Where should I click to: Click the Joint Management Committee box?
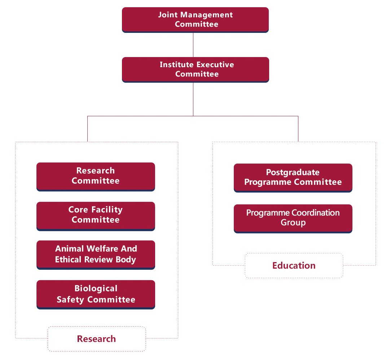coord(195,20)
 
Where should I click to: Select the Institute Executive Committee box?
coord(195,69)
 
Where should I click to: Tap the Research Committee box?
coord(96,176)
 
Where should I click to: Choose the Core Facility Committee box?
coord(96,216)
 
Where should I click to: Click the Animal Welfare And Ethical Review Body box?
coord(96,255)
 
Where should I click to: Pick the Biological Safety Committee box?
coord(96,294)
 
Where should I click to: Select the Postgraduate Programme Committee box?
coord(293,177)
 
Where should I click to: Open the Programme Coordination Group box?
coord(293,218)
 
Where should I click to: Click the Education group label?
coord(294,266)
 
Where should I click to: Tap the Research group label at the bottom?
coord(96,339)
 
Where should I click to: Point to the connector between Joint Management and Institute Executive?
coord(193,45)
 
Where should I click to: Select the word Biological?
coord(96,289)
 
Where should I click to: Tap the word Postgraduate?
coord(293,173)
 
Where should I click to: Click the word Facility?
coord(107,210)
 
